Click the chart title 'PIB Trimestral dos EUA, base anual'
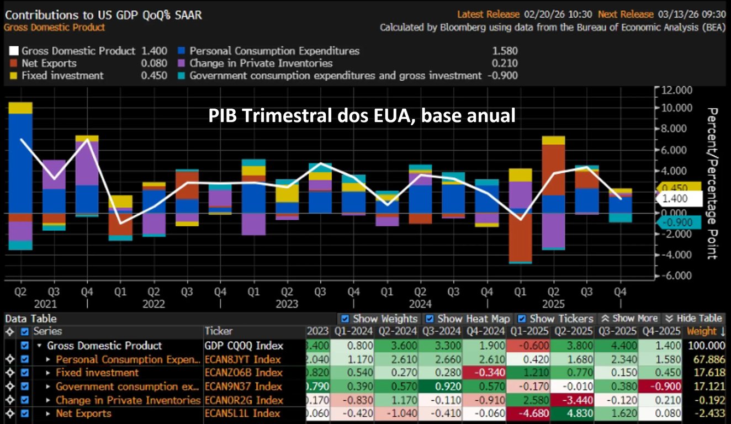pos(362,116)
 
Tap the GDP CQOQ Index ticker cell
pos(244,346)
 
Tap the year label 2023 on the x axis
pos(287,304)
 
